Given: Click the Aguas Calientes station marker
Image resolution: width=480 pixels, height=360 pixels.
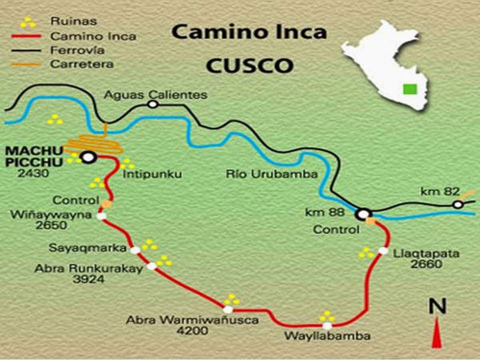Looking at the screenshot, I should point(152,104).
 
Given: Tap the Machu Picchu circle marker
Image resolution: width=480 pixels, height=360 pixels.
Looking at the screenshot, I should point(88,157).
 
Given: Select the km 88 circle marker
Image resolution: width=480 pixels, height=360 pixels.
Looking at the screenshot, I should point(363,214).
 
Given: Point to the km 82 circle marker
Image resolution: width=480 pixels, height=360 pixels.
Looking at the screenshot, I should point(457,204).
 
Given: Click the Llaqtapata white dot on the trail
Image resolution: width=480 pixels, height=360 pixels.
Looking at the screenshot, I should point(383,250).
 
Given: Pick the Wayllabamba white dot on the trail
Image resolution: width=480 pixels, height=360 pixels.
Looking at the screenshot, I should point(327,325).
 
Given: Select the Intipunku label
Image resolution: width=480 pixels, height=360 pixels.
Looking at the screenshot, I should point(151,174).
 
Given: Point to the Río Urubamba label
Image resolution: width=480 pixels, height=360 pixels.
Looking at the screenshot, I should point(271,174).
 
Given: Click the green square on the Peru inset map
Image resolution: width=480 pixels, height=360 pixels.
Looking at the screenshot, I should point(410,89).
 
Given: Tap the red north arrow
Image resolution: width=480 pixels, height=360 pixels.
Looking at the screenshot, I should point(437,334).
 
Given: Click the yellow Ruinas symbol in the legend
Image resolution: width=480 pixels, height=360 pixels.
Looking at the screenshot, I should point(27,22).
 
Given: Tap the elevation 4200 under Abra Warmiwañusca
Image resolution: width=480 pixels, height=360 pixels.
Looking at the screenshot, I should point(192,331).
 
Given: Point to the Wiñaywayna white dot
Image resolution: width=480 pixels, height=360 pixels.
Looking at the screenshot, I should point(101,216).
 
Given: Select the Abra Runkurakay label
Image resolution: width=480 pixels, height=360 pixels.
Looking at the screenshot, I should point(88,268).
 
